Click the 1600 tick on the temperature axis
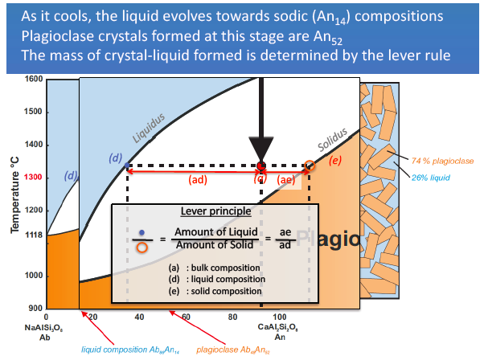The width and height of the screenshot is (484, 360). pyautogui.click(x=34, y=80)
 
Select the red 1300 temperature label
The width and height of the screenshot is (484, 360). pyautogui.click(x=33, y=178)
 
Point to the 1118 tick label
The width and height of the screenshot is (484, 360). pyautogui.click(x=32, y=235)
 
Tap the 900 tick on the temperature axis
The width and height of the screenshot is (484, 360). pyautogui.click(x=35, y=309)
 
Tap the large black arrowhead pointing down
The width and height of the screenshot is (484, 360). pyautogui.click(x=261, y=149)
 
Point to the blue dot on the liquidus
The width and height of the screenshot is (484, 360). pyautogui.click(x=128, y=166)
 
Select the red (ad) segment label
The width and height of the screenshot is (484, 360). pyautogui.click(x=197, y=180)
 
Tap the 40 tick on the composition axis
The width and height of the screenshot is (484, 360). pyautogui.click(x=139, y=317)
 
